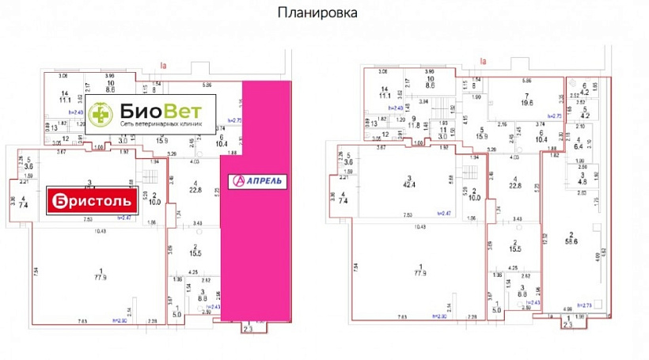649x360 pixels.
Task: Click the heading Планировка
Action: pyautogui.click(x=317, y=13)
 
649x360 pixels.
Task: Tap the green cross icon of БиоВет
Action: pyautogui.click(x=100, y=114)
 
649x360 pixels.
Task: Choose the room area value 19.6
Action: pyautogui.click(x=526, y=101)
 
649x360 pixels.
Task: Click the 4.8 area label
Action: pyautogui.click(x=582, y=181)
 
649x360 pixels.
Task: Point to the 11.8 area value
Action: pyautogui.click(x=412, y=124)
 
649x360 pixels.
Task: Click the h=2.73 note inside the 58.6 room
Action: pyautogui.click(x=586, y=305)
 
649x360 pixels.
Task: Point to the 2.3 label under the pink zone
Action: pyautogui.click(x=248, y=329)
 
